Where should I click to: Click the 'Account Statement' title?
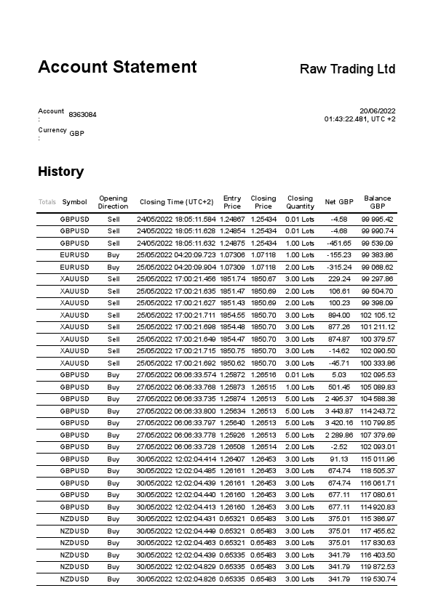point(117,68)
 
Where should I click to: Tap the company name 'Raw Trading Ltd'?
point(347,69)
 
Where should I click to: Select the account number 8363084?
point(82,115)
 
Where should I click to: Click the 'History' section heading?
point(60,172)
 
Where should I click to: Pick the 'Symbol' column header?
point(74,202)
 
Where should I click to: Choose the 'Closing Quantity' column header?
point(300,202)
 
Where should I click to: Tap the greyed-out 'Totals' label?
point(47,202)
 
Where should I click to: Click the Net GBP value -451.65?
point(340,243)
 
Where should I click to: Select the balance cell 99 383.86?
point(377,255)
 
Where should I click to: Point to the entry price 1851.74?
point(232,279)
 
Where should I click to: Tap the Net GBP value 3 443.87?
point(338,411)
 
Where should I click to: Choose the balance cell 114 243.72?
point(377,411)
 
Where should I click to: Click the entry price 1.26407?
point(232,459)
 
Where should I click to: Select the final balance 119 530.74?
point(377,579)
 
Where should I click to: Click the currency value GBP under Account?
point(76,134)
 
